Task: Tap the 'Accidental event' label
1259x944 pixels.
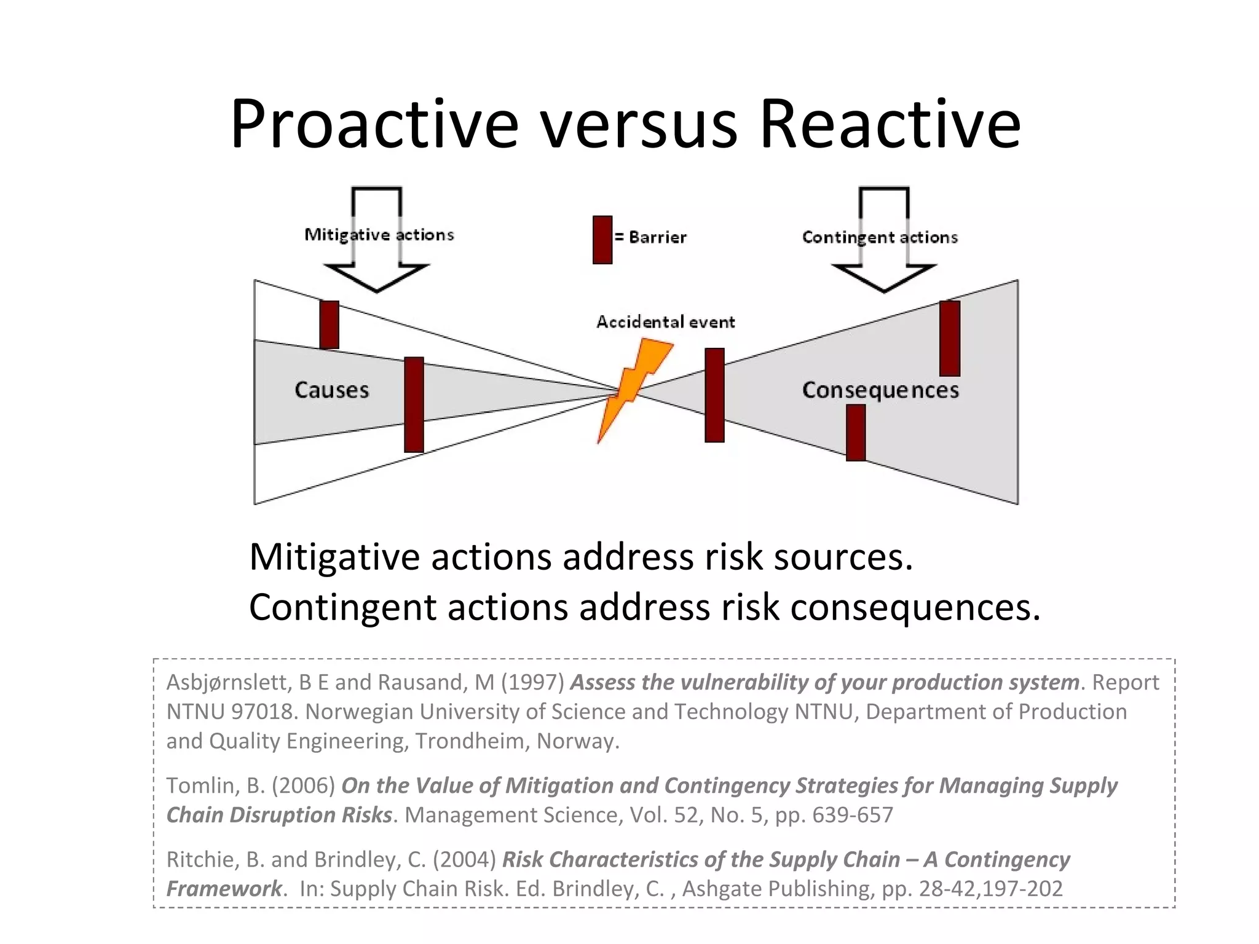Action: coord(666,322)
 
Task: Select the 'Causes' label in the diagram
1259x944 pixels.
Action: coord(332,390)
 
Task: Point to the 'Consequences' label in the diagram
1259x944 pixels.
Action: coord(880,390)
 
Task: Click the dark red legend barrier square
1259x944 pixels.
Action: coord(602,240)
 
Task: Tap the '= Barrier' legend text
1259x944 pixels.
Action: coord(651,237)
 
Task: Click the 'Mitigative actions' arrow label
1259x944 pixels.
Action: coord(379,235)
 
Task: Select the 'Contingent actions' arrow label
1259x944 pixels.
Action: coord(880,237)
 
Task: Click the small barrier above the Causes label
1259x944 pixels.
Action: coord(330,324)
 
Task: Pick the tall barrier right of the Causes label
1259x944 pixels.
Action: coord(414,404)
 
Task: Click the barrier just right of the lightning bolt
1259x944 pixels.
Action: coord(714,395)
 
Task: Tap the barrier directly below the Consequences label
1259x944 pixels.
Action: coord(856,432)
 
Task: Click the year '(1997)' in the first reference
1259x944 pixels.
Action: coord(532,682)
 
